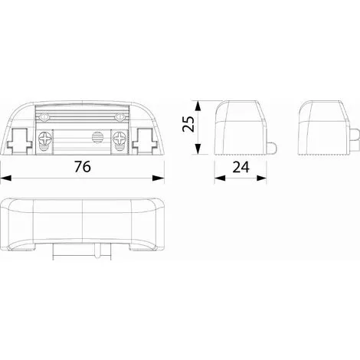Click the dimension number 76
click(x=83, y=166)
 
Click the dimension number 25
click(x=188, y=124)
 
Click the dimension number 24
click(x=241, y=168)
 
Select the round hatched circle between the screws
click(x=97, y=137)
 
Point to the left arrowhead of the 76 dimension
click(x=6, y=178)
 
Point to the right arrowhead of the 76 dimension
click(x=159, y=178)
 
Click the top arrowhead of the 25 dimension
click(x=198, y=106)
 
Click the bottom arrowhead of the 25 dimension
click(x=198, y=149)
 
